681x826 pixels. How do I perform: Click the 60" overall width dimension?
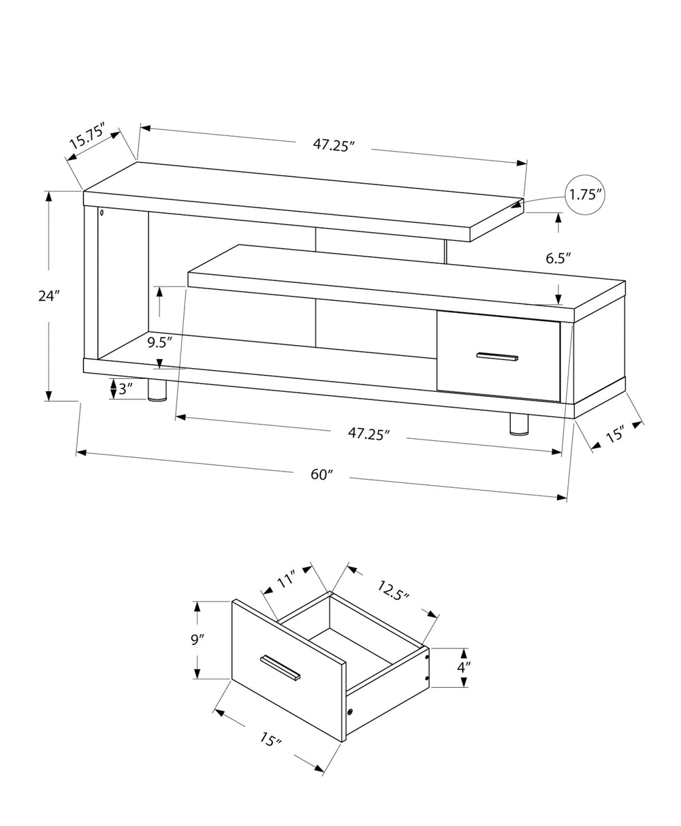coord(321,474)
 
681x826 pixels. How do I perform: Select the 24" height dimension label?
coord(49,296)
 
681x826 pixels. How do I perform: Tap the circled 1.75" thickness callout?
coord(585,195)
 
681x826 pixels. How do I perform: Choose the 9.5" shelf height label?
coord(160,342)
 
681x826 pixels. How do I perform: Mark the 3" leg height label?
coord(125,390)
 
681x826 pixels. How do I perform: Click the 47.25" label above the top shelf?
coord(334,144)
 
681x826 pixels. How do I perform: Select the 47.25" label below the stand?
coord(368,433)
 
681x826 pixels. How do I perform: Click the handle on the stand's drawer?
coord(498,357)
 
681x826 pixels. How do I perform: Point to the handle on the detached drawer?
coord(280,667)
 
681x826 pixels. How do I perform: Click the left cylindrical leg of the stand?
coord(157,390)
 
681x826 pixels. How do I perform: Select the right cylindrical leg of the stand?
coord(519,423)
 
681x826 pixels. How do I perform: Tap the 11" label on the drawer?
coord(285,580)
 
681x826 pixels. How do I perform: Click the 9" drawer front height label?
coord(198,640)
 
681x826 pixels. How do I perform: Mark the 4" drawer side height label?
coord(464,667)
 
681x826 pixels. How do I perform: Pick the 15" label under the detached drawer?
coord(270,739)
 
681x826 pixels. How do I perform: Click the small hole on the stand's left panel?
coord(101,214)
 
